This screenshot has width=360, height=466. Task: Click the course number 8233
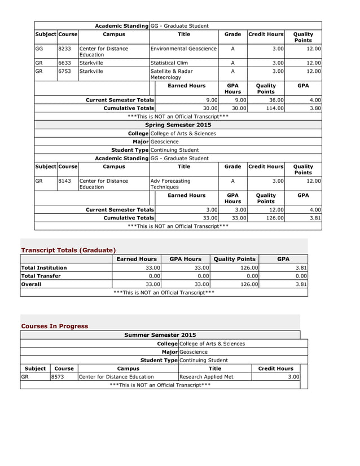tap(65, 49)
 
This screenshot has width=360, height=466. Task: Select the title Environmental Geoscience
tap(183, 49)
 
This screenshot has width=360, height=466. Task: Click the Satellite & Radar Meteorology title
tap(172, 74)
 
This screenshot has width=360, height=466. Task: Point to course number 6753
tap(65, 72)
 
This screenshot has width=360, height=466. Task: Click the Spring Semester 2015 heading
tap(178, 125)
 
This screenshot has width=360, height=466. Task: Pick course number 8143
tap(65, 181)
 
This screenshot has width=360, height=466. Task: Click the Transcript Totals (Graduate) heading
tap(68, 250)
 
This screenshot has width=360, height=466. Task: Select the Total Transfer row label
tap(41, 276)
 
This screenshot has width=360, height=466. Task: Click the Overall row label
tap(31, 284)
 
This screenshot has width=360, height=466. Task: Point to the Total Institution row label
tap(44, 267)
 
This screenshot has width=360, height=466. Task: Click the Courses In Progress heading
tap(55, 326)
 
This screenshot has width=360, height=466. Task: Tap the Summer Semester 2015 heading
tap(160, 335)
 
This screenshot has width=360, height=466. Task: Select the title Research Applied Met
tap(206, 377)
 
